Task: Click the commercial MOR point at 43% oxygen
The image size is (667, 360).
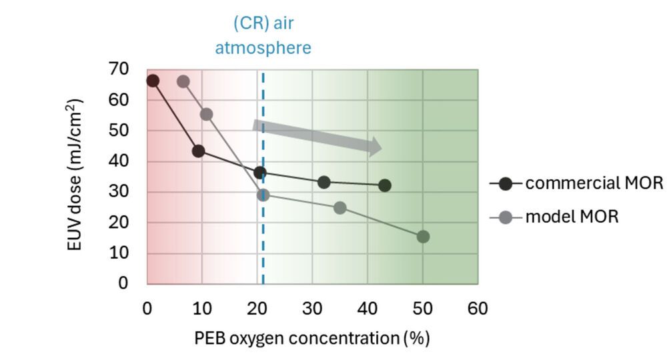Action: (384, 185)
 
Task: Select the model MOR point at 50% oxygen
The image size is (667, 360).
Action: (423, 237)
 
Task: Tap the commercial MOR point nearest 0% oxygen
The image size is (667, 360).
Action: (153, 81)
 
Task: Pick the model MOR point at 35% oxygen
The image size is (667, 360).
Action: (340, 208)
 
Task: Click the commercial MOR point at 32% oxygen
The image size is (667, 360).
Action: (323, 182)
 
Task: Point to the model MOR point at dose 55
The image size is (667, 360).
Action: (206, 114)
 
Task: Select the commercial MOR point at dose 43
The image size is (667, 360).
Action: (198, 151)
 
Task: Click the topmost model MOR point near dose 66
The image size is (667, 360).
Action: (183, 81)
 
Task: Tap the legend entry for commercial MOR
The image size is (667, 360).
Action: (584, 183)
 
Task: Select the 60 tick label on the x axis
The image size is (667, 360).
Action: (477, 309)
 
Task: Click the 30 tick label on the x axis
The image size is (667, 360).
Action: (312, 309)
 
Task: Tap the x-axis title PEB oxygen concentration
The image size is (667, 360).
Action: (311, 339)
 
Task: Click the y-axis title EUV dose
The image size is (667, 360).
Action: (77, 175)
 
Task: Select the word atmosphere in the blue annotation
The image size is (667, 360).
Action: (270, 48)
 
